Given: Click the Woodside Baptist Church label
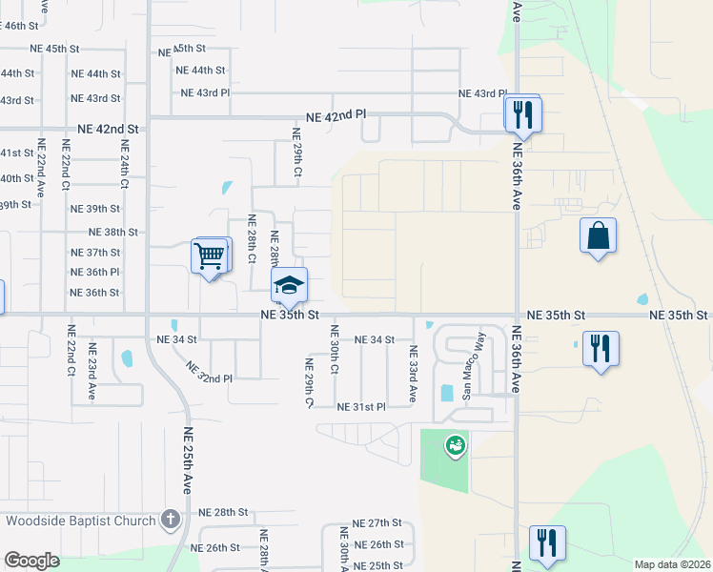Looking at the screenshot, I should point(80,521).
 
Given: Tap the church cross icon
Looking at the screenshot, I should point(170,520).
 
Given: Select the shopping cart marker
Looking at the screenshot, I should point(210,255).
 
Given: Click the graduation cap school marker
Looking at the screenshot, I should point(290,284).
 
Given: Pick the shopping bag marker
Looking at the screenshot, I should point(598,236).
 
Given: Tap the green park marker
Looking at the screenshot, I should point(456,444).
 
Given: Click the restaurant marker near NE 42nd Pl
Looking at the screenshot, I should point(522,115).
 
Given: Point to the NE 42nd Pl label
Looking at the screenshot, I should point(336,116).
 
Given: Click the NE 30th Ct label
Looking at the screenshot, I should point(335,349).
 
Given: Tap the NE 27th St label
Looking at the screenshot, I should point(377,523).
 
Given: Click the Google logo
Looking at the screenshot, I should point(31,561).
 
